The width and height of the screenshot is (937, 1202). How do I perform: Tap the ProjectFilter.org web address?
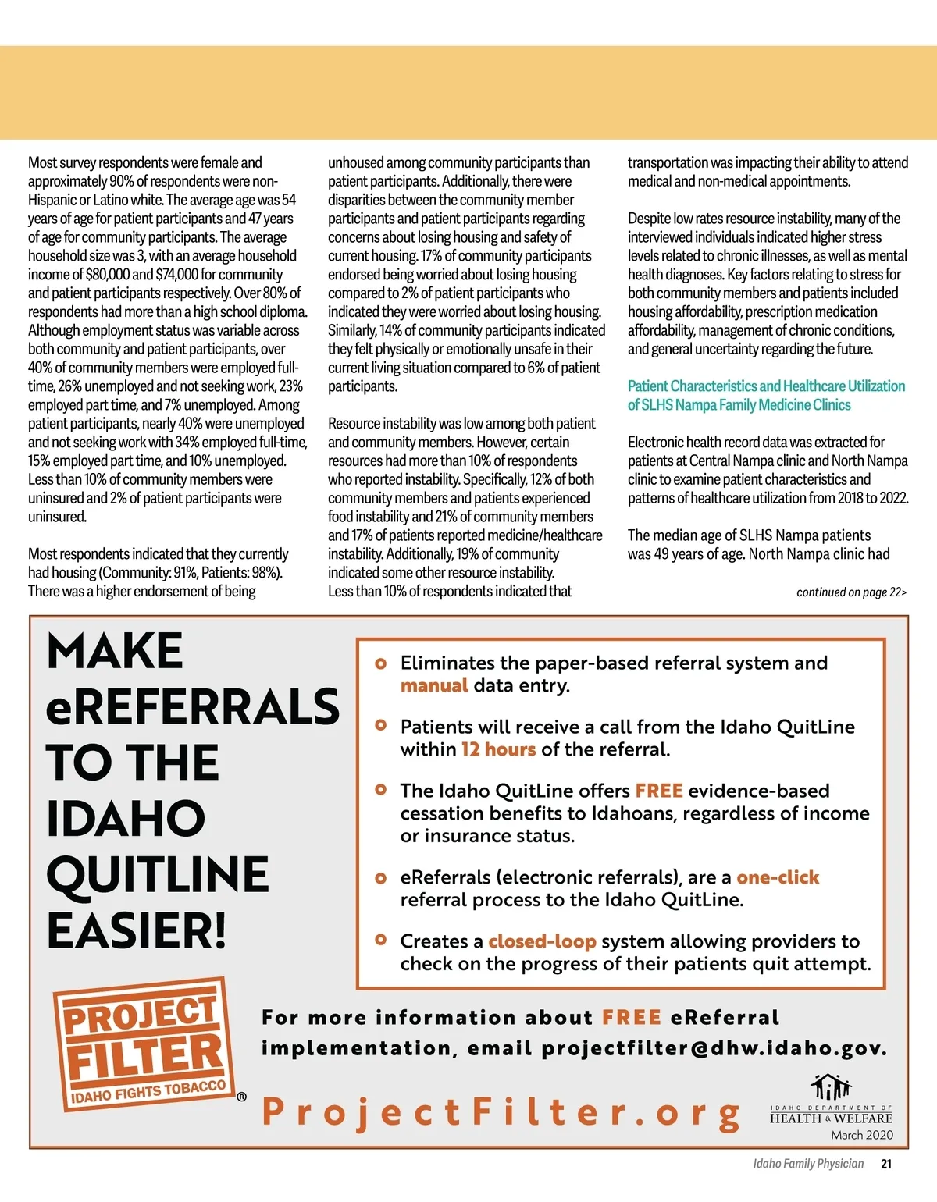501,1111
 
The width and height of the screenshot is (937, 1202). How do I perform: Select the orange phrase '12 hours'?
498,749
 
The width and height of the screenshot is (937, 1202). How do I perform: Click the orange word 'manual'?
434,685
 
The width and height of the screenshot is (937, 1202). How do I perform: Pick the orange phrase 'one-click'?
778,877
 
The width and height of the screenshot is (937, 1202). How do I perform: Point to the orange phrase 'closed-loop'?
542,941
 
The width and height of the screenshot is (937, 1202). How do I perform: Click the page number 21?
885,1164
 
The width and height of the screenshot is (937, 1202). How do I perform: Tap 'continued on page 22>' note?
851,592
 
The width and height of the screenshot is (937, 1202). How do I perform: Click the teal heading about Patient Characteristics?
766,395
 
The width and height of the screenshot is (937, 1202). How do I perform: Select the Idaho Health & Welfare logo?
831,1101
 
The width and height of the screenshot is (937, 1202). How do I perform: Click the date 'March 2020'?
862,1135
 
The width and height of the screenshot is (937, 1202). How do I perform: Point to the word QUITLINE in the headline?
158,874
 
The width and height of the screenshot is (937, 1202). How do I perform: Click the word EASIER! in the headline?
137,930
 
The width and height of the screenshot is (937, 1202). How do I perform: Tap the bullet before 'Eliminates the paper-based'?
381,663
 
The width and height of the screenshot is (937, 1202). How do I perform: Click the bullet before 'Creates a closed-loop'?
381,940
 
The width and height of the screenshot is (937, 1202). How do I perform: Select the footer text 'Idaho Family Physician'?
808,1164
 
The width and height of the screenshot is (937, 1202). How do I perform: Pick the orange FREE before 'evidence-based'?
659,791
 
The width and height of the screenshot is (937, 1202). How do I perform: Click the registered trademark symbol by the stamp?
241,1097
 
